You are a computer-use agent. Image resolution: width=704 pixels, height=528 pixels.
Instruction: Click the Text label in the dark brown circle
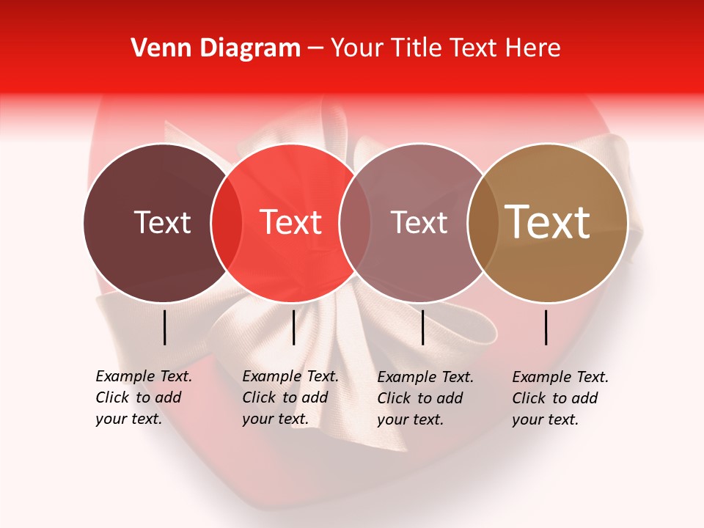tap(162, 222)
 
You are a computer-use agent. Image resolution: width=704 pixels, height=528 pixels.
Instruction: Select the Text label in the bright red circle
tap(291, 222)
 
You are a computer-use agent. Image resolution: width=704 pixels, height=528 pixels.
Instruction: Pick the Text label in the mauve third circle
tap(419, 222)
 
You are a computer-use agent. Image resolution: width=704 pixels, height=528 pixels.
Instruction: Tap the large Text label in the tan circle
tap(548, 222)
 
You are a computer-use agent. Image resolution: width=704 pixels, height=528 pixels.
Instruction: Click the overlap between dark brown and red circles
tap(226, 223)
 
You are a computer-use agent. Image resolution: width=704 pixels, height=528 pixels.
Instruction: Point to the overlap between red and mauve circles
tap(355, 223)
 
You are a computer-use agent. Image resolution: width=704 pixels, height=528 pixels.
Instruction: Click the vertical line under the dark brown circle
tap(165, 327)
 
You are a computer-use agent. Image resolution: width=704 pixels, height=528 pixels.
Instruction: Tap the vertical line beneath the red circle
tap(293, 327)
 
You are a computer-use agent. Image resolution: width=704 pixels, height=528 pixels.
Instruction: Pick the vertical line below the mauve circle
tap(422, 327)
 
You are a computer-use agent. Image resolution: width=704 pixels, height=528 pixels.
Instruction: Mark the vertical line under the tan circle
tap(546, 327)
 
